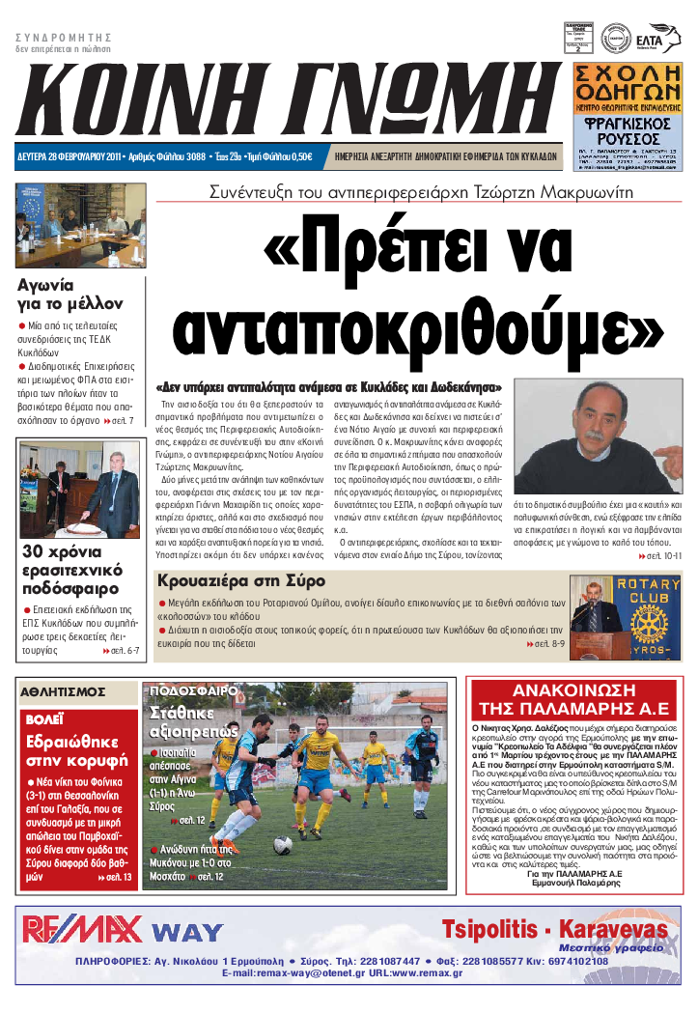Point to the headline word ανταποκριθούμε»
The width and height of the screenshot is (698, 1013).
point(418,328)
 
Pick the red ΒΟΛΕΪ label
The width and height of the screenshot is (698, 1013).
point(45,719)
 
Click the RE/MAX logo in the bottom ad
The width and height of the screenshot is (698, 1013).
point(83,929)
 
